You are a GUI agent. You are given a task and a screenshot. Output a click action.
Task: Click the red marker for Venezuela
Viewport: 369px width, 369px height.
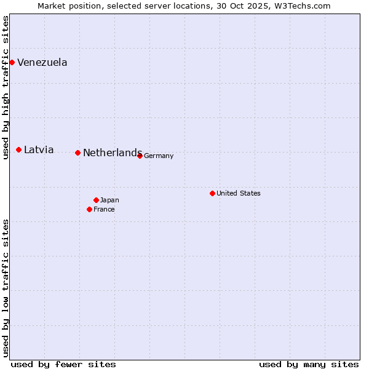click(12, 62)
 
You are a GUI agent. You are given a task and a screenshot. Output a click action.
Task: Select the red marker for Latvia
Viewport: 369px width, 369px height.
click(19, 149)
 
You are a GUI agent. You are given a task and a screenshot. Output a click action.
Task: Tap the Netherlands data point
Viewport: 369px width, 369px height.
click(77, 153)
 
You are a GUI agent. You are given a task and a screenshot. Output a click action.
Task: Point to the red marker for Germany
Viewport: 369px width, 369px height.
click(140, 156)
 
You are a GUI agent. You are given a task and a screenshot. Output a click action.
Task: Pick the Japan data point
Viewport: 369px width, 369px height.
click(96, 200)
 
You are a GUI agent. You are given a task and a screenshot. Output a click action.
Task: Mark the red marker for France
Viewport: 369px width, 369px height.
click(90, 209)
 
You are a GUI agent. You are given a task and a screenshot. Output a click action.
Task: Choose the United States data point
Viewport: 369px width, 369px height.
click(212, 193)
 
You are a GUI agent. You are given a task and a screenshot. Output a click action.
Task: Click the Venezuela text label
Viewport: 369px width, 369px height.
click(42, 62)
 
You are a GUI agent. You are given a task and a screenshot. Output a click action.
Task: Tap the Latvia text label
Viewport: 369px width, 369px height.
click(39, 149)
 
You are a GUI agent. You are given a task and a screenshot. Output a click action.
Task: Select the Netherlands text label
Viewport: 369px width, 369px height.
click(112, 153)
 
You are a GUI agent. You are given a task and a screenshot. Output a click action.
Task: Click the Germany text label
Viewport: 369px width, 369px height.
click(159, 156)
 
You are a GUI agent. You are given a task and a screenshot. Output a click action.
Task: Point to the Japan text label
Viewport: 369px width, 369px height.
click(109, 200)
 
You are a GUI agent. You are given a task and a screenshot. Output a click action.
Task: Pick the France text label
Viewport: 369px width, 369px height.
click(104, 209)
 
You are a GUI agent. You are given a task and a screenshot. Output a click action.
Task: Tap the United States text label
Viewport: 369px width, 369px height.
click(239, 193)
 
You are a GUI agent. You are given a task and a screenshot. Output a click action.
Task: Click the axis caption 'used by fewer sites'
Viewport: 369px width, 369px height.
click(63, 364)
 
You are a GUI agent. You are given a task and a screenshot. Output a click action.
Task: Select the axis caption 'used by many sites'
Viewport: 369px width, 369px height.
click(309, 364)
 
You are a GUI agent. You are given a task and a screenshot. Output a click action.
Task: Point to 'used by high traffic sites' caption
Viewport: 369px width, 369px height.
click(6, 88)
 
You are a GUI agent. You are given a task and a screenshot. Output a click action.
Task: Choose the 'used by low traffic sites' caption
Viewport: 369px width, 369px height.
click(6, 288)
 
